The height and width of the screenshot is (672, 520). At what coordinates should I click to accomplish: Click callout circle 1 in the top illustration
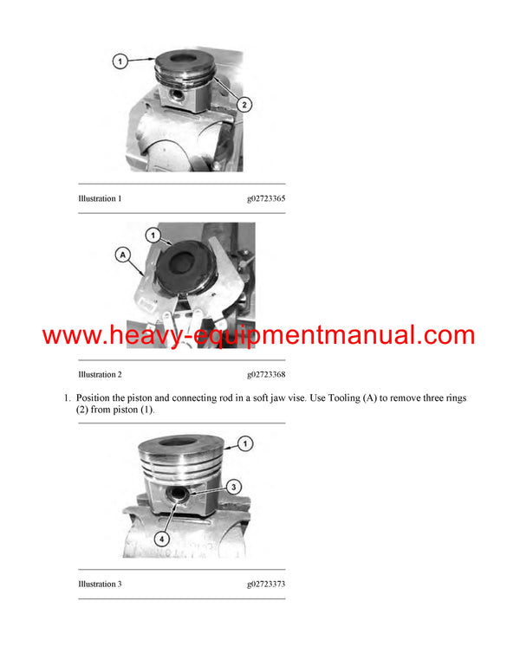coord(120,61)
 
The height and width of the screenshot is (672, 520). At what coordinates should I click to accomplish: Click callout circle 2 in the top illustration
coord(245,104)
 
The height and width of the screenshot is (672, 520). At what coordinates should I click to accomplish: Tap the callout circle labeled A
coord(121,255)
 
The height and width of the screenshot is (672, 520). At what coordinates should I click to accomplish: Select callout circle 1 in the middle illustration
coord(152,234)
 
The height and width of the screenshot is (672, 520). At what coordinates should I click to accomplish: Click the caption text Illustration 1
coord(100,199)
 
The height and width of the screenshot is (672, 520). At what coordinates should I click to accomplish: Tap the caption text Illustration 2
coord(100,375)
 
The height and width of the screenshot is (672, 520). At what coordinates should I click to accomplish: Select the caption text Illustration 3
coord(100,585)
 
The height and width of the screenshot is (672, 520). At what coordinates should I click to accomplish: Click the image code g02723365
coord(266,199)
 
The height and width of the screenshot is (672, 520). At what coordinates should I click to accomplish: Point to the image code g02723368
coord(266,375)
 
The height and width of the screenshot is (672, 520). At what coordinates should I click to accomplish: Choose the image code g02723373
coord(266,585)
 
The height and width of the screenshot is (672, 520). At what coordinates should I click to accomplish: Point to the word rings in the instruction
coord(451,397)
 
